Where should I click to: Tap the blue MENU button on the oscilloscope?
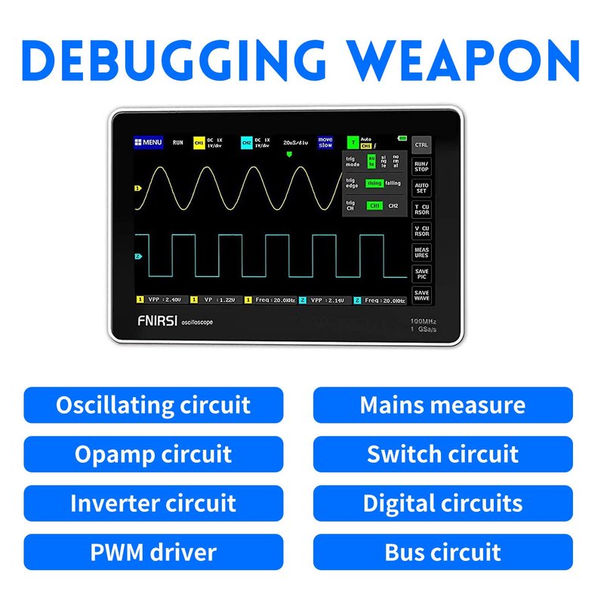[x=148, y=142]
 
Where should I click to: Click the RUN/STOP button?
[x=422, y=165]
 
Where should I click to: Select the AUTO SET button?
[x=422, y=187]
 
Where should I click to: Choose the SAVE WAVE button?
[x=422, y=295]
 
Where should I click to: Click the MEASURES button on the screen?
[x=422, y=252]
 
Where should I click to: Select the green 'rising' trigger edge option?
[x=374, y=183]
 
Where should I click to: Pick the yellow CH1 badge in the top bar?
[x=199, y=142]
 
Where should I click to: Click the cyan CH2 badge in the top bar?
[x=247, y=142]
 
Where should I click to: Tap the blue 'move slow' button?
[x=325, y=142]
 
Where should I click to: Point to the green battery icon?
[x=402, y=138]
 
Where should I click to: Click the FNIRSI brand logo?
[x=156, y=322]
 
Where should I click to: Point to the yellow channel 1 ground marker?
[x=137, y=188]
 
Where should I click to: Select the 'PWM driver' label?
[x=153, y=552]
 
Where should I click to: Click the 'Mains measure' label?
[x=442, y=405]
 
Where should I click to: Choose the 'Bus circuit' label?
[x=442, y=552]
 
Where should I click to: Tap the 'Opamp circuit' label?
[x=153, y=455]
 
